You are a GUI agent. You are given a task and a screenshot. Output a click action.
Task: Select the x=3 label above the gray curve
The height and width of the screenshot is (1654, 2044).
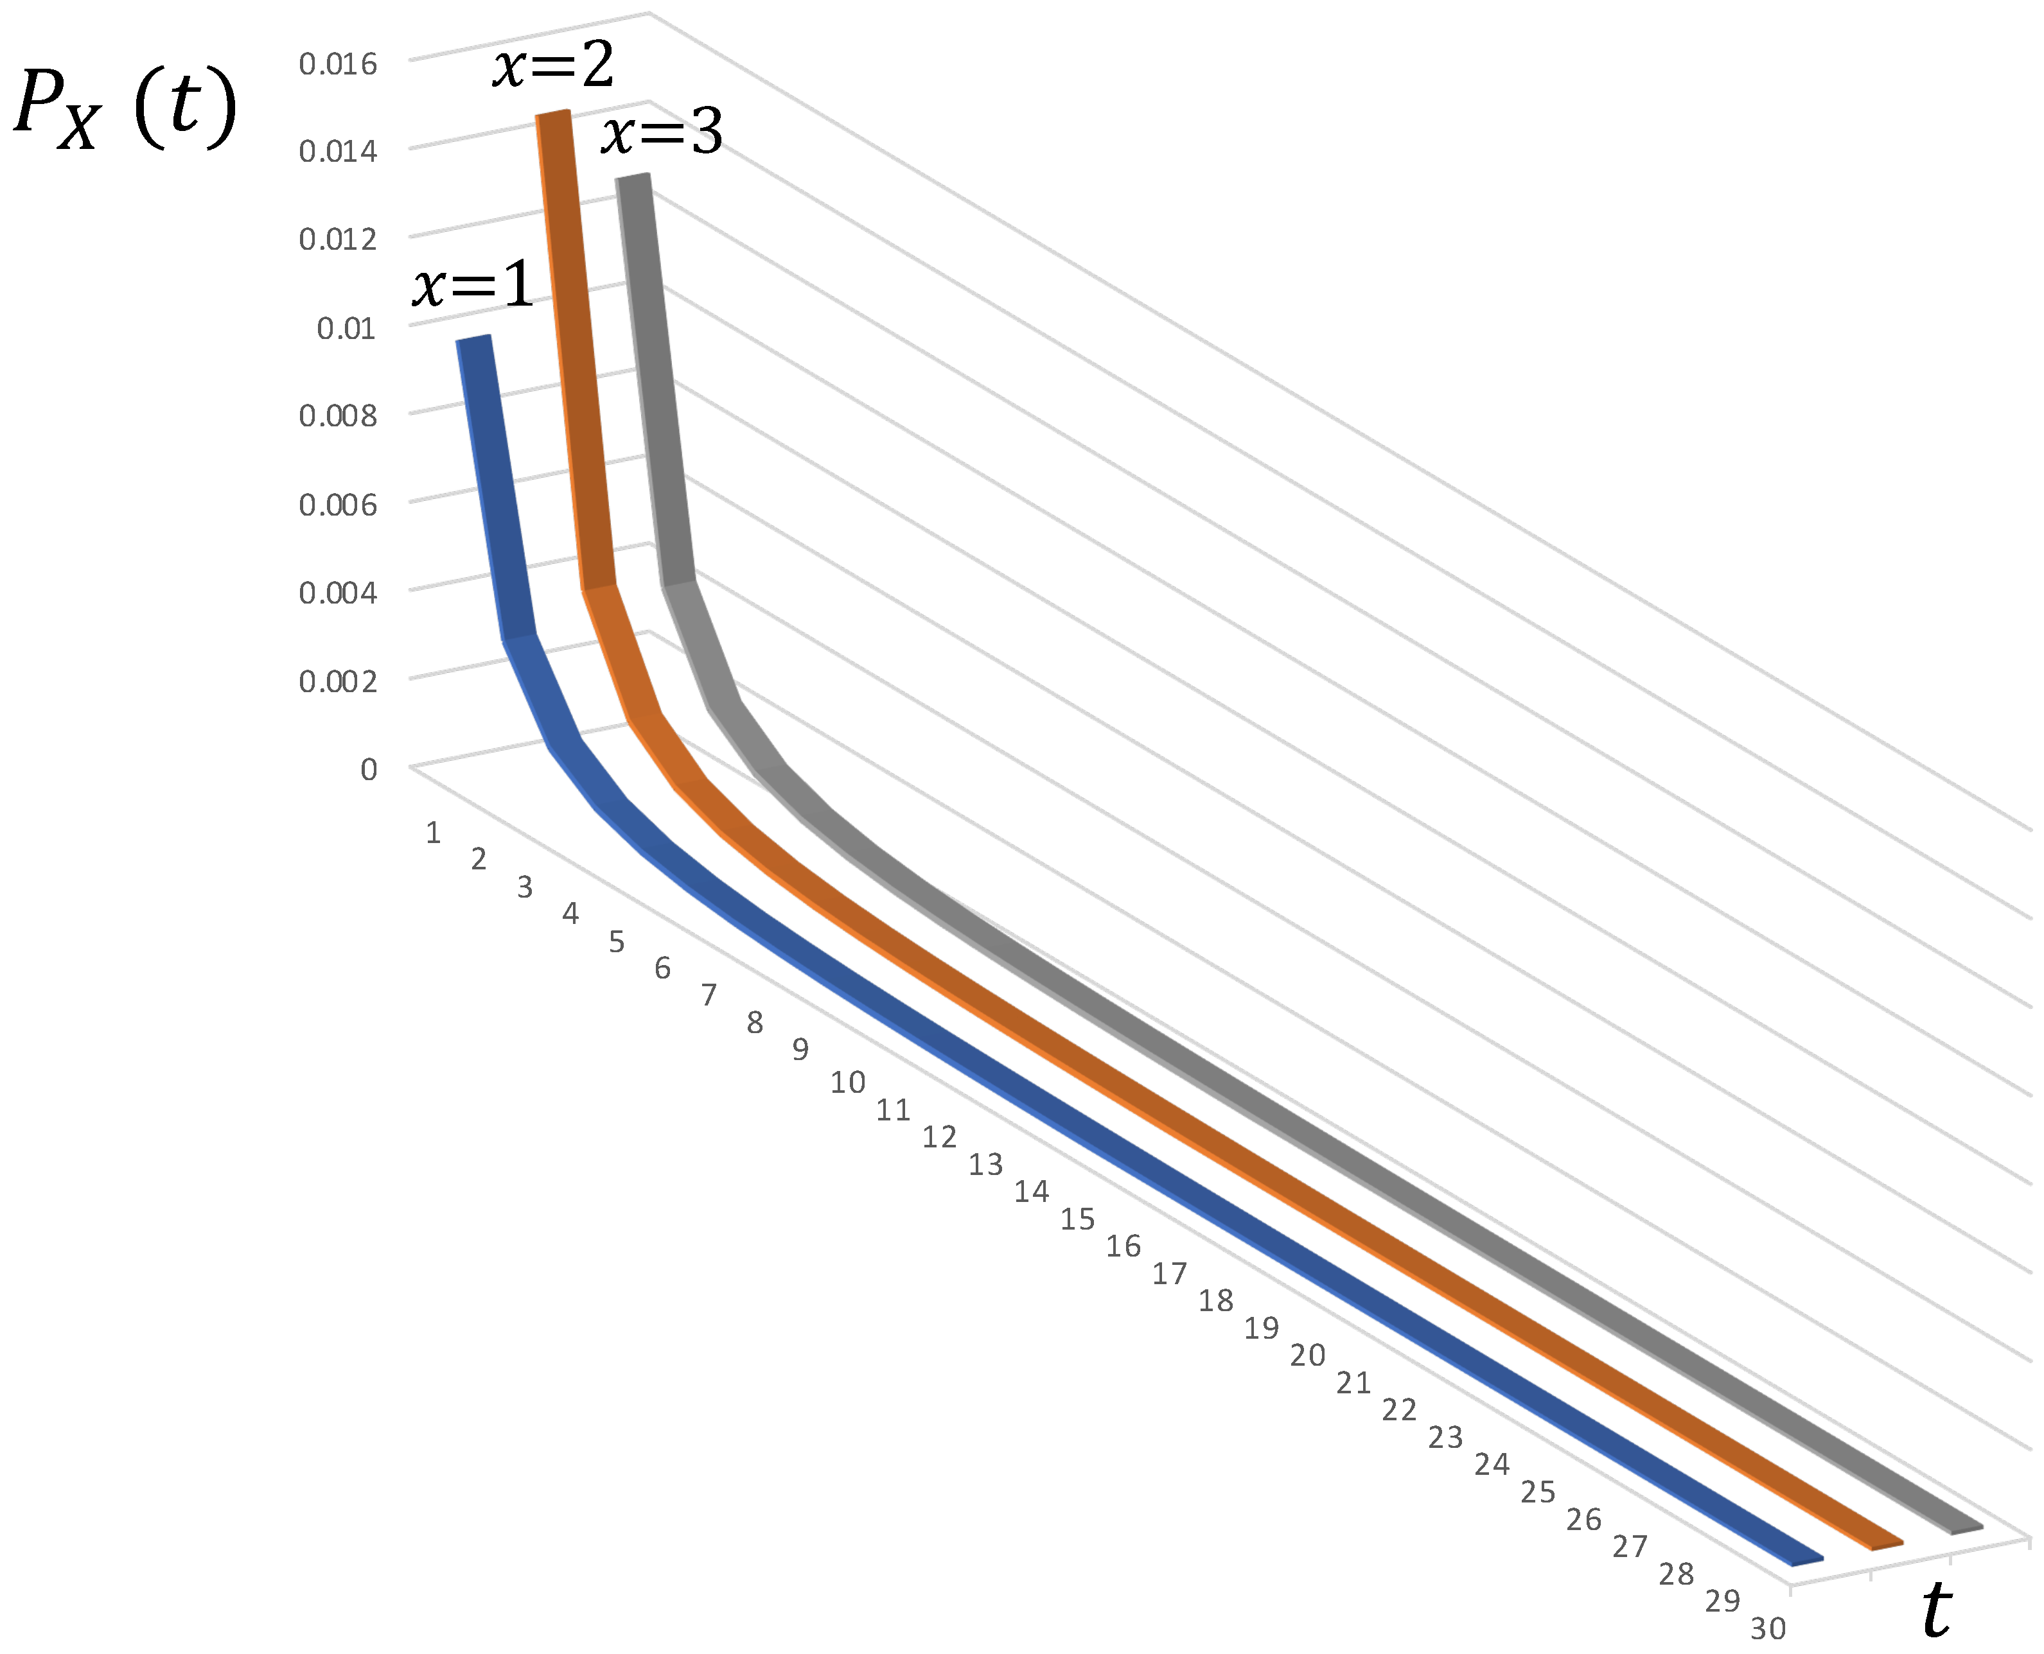pos(662,132)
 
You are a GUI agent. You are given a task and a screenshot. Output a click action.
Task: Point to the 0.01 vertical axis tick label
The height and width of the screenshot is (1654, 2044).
pos(346,329)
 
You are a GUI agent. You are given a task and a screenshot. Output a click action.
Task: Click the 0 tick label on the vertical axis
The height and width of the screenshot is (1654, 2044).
pos(369,769)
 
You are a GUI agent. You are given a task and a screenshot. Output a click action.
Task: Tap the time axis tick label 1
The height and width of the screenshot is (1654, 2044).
pos(432,833)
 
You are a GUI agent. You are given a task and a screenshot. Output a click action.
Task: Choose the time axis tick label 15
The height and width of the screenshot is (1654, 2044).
pos(1078,1219)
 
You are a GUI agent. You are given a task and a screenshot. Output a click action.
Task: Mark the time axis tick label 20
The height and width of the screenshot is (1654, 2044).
pos(1307,1355)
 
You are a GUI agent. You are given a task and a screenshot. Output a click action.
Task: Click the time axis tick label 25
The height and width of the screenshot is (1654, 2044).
pos(1538,1492)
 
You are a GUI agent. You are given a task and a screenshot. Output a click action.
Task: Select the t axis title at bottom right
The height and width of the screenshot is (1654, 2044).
pos(1936,1609)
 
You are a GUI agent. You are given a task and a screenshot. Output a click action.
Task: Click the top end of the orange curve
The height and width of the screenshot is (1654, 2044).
pos(552,114)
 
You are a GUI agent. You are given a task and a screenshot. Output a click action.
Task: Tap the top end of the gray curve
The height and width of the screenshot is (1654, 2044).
pos(633,177)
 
